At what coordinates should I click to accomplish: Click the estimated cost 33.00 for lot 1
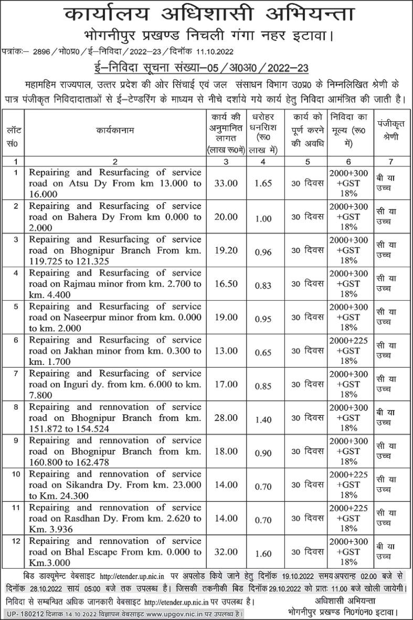click(226, 183)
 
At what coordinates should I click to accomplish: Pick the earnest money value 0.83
click(263, 284)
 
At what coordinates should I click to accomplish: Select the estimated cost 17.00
click(226, 384)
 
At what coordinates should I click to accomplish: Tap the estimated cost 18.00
click(226, 451)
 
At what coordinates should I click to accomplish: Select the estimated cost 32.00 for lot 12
click(226, 552)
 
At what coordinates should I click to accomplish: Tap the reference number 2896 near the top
click(43, 51)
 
